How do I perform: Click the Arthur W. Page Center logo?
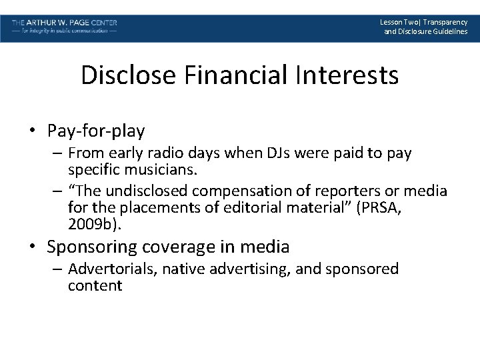[x=64, y=27]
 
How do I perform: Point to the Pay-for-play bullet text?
[x=96, y=129]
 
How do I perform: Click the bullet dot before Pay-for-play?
[x=33, y=130]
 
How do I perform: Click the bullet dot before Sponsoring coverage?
[x=33, y=247]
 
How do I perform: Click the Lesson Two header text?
[x=425, y=27]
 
